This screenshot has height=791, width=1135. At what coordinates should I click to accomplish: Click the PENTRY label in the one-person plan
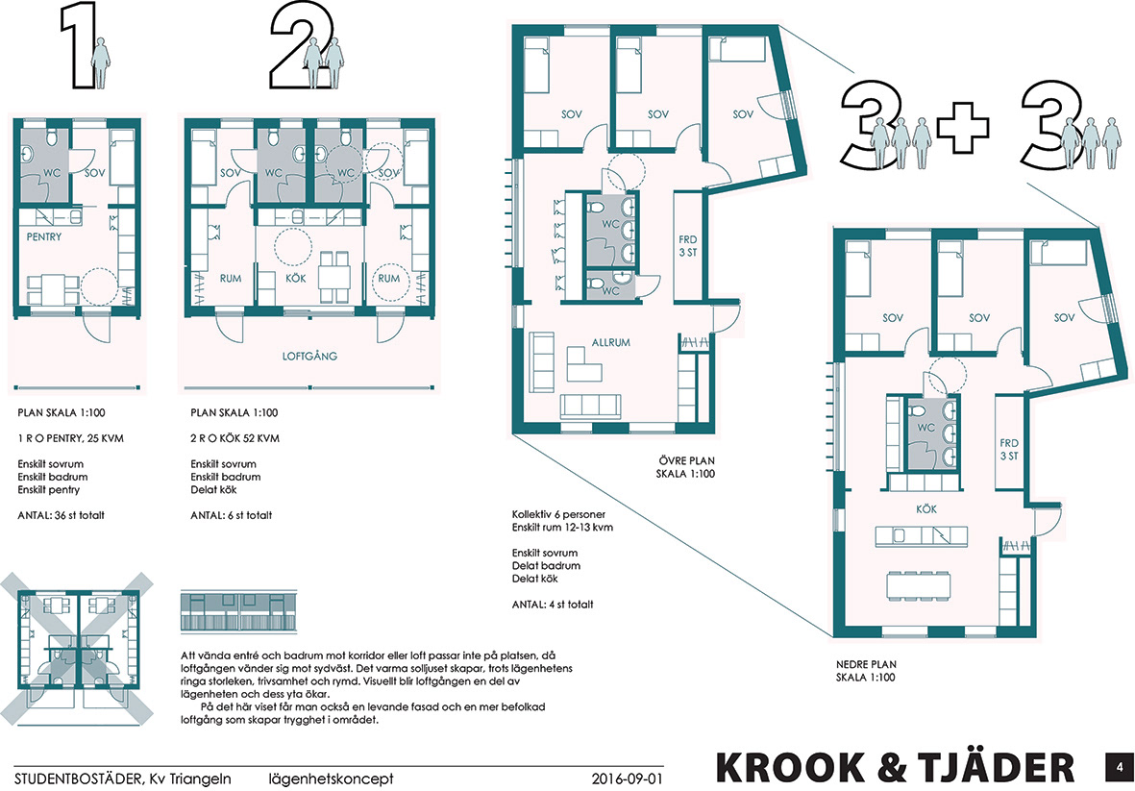point(44,236)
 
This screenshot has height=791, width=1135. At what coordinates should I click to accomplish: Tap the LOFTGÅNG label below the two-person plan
point(309,356)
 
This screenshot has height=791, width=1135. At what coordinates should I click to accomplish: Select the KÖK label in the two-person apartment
point(296,278)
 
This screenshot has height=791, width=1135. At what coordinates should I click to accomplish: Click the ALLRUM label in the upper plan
point(611,342)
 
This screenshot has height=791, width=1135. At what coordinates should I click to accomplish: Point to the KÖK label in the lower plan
point(926,508)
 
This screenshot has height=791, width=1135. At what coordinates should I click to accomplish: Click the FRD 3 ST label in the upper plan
point(688,246)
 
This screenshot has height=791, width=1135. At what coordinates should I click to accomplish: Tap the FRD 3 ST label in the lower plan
point(1009,450)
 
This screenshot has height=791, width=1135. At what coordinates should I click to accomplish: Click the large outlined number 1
point(79,45)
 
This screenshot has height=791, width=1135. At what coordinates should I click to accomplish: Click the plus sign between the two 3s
point(963,128)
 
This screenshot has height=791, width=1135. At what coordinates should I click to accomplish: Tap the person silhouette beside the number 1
point(102,63)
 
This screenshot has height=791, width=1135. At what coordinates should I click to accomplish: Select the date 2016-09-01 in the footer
point(627,779)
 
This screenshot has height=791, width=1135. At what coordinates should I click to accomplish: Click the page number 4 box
point(1120,767)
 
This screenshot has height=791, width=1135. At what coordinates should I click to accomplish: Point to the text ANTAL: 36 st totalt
point(61,515)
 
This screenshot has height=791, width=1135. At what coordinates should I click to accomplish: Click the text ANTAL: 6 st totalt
point(232,515)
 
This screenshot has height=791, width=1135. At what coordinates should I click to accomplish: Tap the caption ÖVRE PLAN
point(686,460)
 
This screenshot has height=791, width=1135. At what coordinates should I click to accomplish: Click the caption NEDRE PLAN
point(866,664)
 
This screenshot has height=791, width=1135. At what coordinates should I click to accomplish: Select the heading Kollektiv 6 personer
point(558,514)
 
